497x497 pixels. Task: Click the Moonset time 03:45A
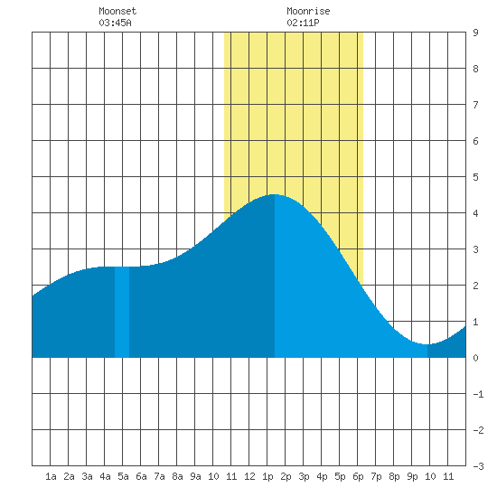[x=115, y=23]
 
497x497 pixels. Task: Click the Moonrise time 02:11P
[x=303, y=23]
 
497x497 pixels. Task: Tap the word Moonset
[x=117, y=11]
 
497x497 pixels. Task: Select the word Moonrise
[x=308, y=11]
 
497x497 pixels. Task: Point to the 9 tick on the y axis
[x=475, y=33]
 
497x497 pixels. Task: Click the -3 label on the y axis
[x=478, y=466]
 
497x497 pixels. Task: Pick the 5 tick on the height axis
[x=475, y=177]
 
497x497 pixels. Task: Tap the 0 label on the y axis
[x=475, y=358]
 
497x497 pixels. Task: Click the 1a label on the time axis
[x=51, y=476]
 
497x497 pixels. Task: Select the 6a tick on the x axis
[x=141, y=476]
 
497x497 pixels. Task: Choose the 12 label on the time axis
[x=249, y=476]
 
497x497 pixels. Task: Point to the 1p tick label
[x=267, y=476]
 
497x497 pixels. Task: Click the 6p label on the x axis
[x=358, y=476]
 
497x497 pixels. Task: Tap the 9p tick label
[x=412, y=476]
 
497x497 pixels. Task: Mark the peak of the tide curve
[x=274, y=194]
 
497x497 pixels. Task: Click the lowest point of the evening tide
[x=427, y=344]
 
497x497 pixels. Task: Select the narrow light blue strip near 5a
[x=122, y=313]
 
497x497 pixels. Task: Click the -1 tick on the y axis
[x=478, y=394]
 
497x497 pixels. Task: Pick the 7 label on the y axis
[x=475, y=105]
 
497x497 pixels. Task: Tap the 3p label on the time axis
[x=304, y=476]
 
